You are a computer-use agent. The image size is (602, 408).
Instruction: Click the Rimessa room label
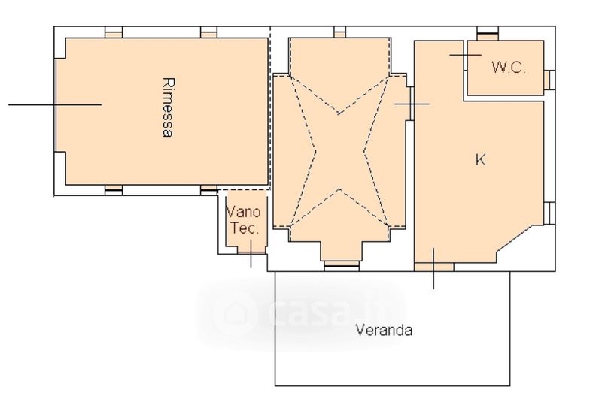tap(168, 107)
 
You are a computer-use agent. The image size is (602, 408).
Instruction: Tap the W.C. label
tap(509, 68)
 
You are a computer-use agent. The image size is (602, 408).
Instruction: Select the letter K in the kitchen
tap(480, 159)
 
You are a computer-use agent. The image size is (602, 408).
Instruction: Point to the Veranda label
tap(384, 330)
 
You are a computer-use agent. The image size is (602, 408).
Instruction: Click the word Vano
tap(243, 211)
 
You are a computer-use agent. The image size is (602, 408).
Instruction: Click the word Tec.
tap(244, 228)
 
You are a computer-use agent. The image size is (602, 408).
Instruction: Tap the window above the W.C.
tap(488, 34)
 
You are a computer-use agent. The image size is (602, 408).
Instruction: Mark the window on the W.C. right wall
tap(549, 80)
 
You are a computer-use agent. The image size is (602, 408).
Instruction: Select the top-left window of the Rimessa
tap(114, 32)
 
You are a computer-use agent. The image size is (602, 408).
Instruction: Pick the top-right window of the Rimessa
tap(209, 32)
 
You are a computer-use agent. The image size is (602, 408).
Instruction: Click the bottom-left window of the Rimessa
tap(114, 190)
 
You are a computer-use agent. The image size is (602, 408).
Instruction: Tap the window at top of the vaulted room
tap(340, 32)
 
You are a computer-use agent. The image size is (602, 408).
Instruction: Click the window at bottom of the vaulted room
tap(342, 265)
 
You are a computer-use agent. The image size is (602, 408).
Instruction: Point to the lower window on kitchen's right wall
tap(549, 213)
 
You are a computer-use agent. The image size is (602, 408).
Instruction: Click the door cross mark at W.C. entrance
tap(465, 55)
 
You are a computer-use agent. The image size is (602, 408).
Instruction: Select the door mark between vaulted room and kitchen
tap(412, 104)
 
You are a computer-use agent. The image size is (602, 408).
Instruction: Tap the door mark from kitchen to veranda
tap(434, 267)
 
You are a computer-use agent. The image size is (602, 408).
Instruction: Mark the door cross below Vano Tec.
tap(251, 253)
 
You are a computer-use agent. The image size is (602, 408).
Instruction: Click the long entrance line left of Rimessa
tap(55, 104)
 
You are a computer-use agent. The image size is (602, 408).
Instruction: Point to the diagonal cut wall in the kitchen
tap(515, 238)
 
